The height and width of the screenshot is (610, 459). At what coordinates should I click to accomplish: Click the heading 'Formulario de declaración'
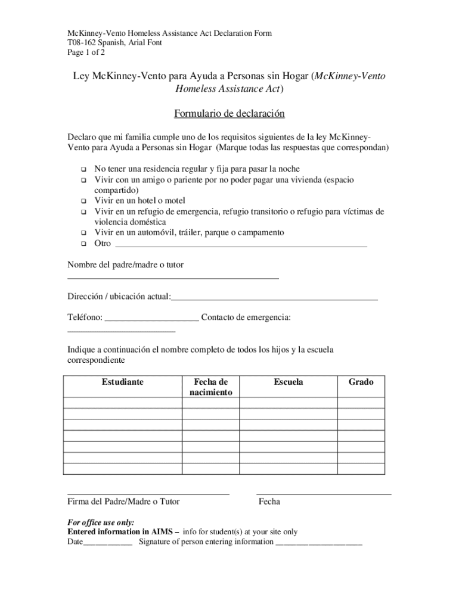pos(229,114)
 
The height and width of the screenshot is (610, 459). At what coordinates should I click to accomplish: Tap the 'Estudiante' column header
pos(122,382)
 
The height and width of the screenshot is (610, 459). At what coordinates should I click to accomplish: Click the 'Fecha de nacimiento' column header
pos(210,387)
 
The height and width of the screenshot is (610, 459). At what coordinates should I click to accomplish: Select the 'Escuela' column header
pos(289,382)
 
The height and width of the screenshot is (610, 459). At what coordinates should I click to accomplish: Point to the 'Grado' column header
pos(361,382)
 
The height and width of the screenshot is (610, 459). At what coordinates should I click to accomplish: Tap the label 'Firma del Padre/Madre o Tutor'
pos(123,502)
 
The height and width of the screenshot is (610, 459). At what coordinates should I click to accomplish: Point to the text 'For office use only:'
pos(101,522)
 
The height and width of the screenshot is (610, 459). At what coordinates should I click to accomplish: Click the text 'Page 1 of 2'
pos(86,52)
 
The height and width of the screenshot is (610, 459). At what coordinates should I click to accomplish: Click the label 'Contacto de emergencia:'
pos(246,318)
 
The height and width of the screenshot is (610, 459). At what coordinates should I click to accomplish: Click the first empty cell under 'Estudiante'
pos(122,403)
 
